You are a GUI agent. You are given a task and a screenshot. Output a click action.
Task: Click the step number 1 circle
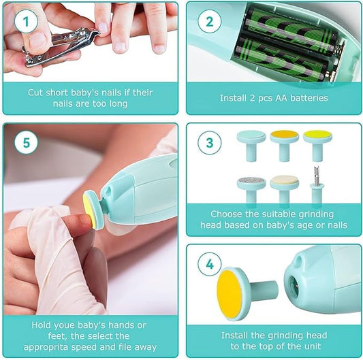pyautogui.click(x=26, y=22)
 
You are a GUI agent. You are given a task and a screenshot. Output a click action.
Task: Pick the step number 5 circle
pyautogui.click(x=26, y=144)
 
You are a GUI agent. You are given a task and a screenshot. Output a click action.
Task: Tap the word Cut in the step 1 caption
pyautogui.click(x=37, y=92)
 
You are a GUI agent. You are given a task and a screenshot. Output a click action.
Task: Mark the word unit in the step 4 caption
pyautogui.click(x=319, y=348)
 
